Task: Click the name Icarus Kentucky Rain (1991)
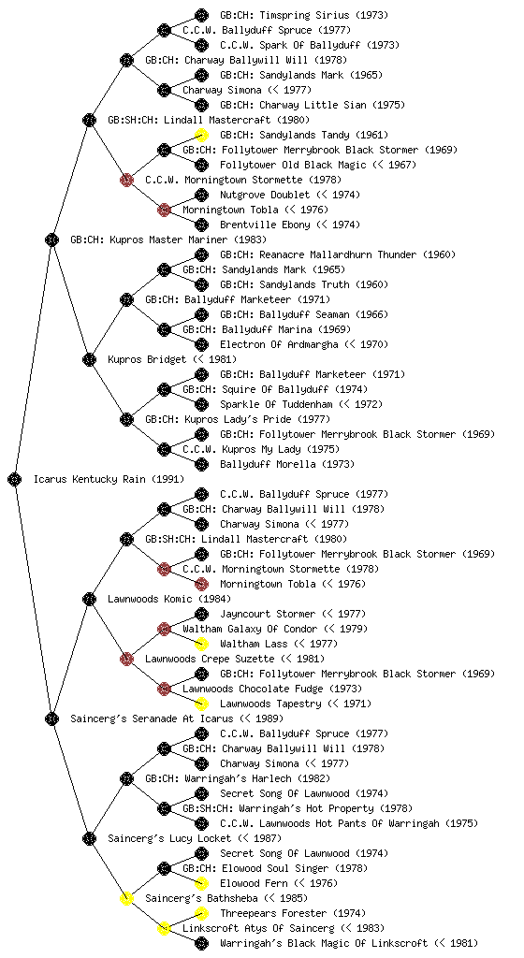coord(109,479)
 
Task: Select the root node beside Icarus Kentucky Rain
coord(15,479)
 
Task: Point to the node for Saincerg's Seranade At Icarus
coord(51,718)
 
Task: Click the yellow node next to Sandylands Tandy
coord(201,135)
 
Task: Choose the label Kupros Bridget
coord(147,359)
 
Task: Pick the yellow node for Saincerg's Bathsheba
coord(126,898)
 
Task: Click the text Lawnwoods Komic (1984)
coord(169,599)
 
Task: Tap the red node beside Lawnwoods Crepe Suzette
coord(126,659)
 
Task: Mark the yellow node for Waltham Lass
coord(201,644)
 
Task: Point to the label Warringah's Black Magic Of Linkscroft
coord(324,943)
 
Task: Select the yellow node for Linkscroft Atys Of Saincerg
coord(164,928)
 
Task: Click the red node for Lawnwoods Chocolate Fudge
coord(164,689)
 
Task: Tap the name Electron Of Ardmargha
coord(279,344)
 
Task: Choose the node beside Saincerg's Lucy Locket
coord(89,838)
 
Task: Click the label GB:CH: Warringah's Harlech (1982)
coord(238,778)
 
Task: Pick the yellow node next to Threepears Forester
coord(201,913)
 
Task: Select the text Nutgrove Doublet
coord(266,195)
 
